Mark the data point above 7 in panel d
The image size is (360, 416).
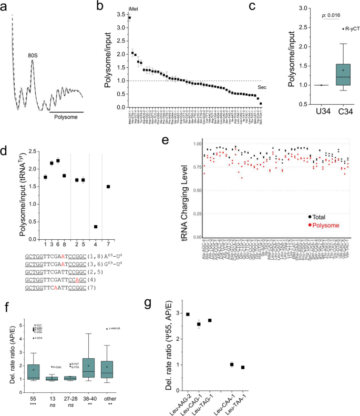tap(108, 187)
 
